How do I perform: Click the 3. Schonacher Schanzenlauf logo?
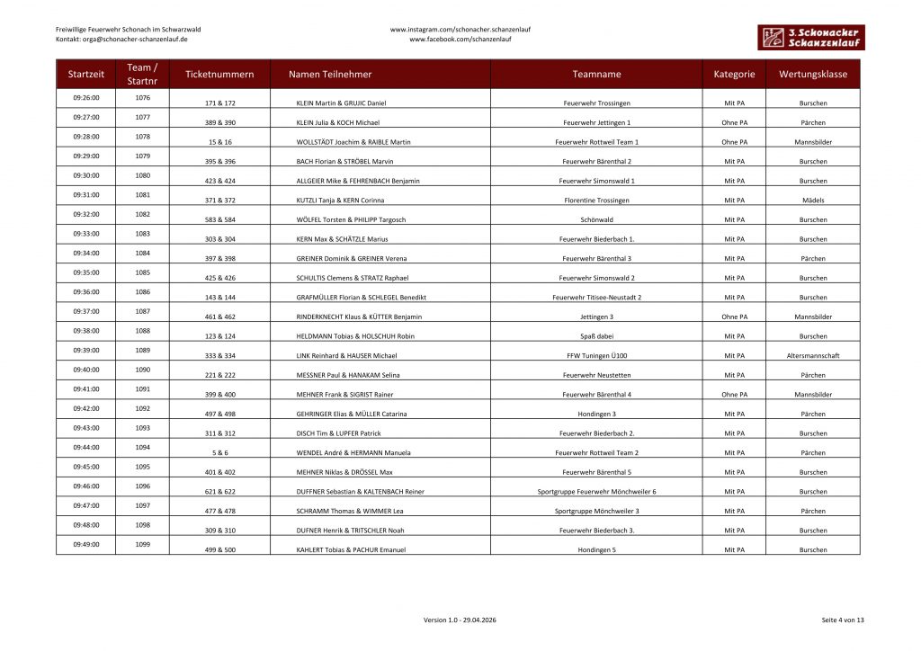click(809, 37)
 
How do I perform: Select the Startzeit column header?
click(85, 75)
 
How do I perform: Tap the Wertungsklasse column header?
click(812, 75)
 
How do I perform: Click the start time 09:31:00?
click(85, 194)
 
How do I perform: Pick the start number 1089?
click(142, 350)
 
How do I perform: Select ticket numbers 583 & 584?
click(220, 219)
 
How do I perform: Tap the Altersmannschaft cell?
click(812, 356)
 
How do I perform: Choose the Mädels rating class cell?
click(812, 201)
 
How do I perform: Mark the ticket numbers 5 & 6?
click(220, 453)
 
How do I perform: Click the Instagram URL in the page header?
click(460, 29)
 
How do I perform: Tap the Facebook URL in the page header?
click(460, 40)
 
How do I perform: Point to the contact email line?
click(121, 40)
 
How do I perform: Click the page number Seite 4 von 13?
click(842, 620)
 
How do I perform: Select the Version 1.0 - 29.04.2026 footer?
click(460, 620)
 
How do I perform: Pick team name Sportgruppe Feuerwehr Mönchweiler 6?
click(596, 492)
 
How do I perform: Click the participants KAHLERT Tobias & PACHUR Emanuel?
click(351, 549)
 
